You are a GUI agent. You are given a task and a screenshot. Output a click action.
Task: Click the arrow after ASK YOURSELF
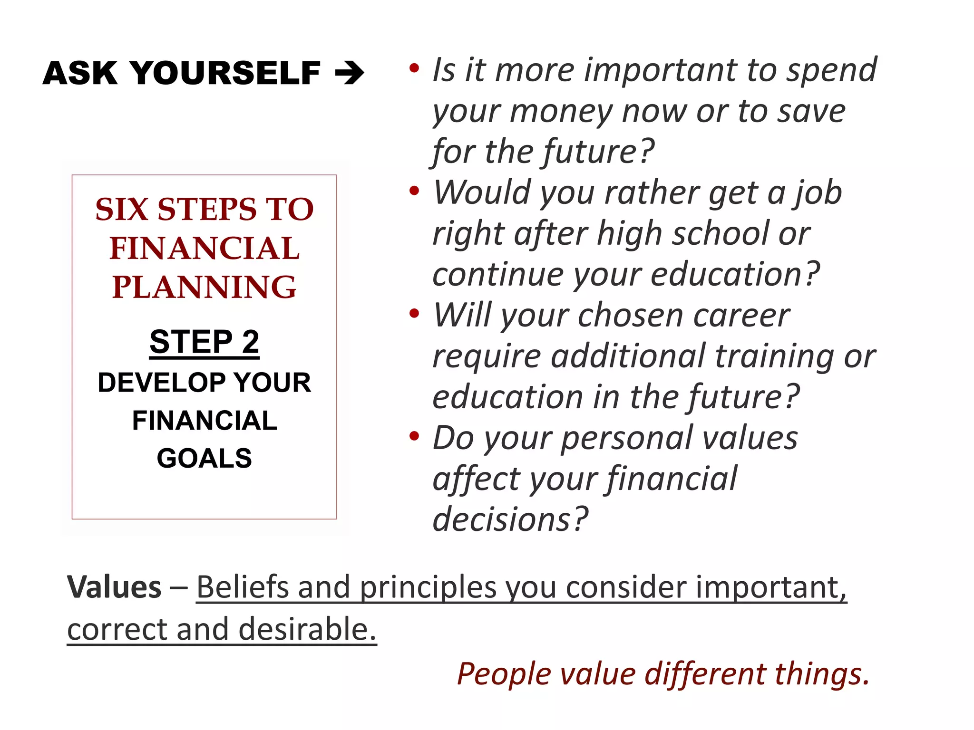coord(350,73)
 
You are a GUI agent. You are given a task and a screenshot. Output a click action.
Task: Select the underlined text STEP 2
coord(205,342)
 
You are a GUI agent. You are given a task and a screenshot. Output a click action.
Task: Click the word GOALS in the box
coord(205,458)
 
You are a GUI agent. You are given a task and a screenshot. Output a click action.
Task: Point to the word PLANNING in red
coord(205,287)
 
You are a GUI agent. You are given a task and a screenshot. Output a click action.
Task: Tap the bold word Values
coord(114,587)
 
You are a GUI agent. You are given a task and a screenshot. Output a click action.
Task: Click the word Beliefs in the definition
coord(243,587)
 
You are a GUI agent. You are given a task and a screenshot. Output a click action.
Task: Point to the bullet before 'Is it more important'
coord(414,68)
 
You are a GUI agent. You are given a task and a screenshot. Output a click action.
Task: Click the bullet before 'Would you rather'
coord(414,191)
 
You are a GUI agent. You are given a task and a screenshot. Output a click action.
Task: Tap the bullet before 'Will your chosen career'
coord(414,314)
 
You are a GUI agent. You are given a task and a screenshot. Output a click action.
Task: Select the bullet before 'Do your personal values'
coord(414,436)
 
